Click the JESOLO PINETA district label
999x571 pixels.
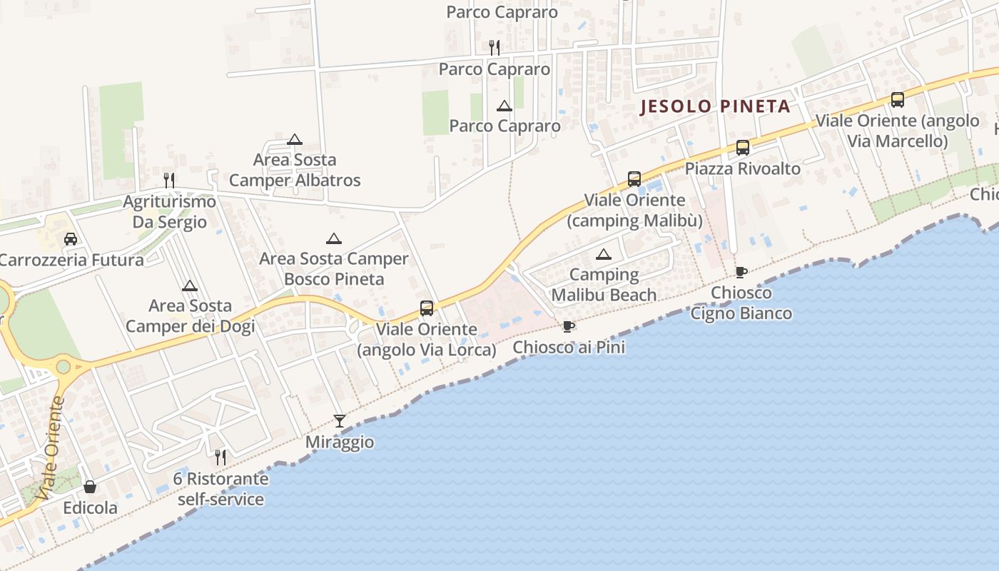715,107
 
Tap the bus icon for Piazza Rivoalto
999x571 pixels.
743,148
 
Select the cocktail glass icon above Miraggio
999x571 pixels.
340,421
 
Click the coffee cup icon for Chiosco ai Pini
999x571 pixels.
568,327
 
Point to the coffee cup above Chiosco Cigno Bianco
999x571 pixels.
741,272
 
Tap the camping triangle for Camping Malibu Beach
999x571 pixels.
604,254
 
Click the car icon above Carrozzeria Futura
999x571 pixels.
70,239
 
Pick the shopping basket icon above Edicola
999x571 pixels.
90,487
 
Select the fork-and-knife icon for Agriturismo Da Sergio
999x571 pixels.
169,180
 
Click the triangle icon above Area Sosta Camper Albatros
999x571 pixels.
295,139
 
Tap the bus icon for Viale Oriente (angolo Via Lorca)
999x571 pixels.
427,308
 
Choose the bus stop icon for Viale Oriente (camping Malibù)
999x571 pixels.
634,179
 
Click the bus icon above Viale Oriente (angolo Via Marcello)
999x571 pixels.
898,100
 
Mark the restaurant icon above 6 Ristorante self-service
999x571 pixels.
220,457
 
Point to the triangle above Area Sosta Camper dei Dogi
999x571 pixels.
190,286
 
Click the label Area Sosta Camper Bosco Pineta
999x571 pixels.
334,268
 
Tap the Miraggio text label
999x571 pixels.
340,442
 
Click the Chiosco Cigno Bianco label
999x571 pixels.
741,303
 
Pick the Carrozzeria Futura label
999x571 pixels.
71,260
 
